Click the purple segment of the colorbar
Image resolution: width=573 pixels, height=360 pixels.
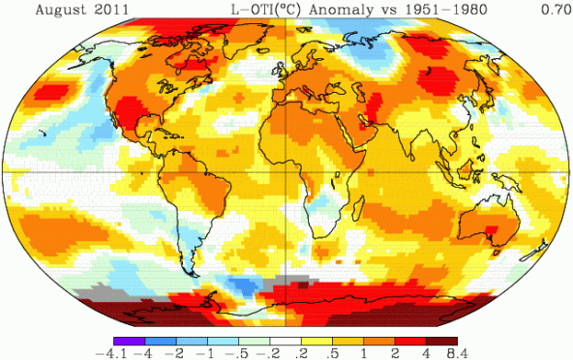(129, 339)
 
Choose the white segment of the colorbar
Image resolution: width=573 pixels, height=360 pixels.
(286, 339)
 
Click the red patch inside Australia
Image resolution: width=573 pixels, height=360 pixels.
(489, 228)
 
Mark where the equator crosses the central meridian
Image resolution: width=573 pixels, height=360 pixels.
(286, 172)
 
